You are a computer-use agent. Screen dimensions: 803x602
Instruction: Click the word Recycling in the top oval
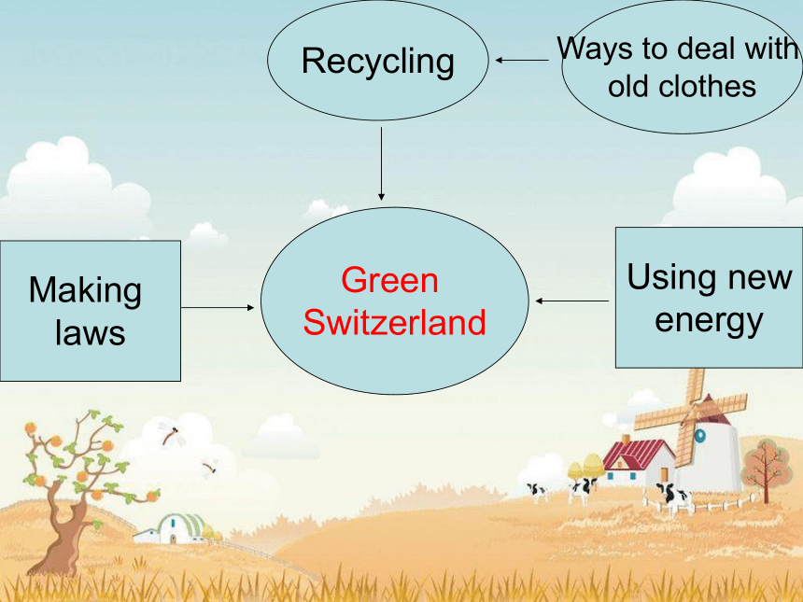[378, 62]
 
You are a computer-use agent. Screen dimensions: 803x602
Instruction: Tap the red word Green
[389, 280]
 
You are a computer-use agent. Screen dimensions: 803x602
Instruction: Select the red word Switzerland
[394, 322]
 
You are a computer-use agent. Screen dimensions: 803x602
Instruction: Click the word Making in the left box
[85, 291]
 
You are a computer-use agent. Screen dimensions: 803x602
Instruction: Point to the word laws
[91, 332]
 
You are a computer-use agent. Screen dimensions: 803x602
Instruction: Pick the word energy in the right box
[710, 322]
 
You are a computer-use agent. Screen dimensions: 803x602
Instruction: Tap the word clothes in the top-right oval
[707, 86]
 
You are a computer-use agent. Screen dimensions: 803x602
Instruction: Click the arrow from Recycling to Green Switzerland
[381, 164]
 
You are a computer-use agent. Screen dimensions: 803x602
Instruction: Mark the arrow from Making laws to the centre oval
[218, 308]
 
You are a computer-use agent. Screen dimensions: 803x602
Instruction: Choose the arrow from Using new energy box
[572, 301]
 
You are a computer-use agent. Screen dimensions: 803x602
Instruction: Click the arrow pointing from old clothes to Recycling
[522, 61]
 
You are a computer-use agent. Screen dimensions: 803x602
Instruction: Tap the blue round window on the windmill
[699, 436]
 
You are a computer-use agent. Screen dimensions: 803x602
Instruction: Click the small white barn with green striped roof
[173, 529]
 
